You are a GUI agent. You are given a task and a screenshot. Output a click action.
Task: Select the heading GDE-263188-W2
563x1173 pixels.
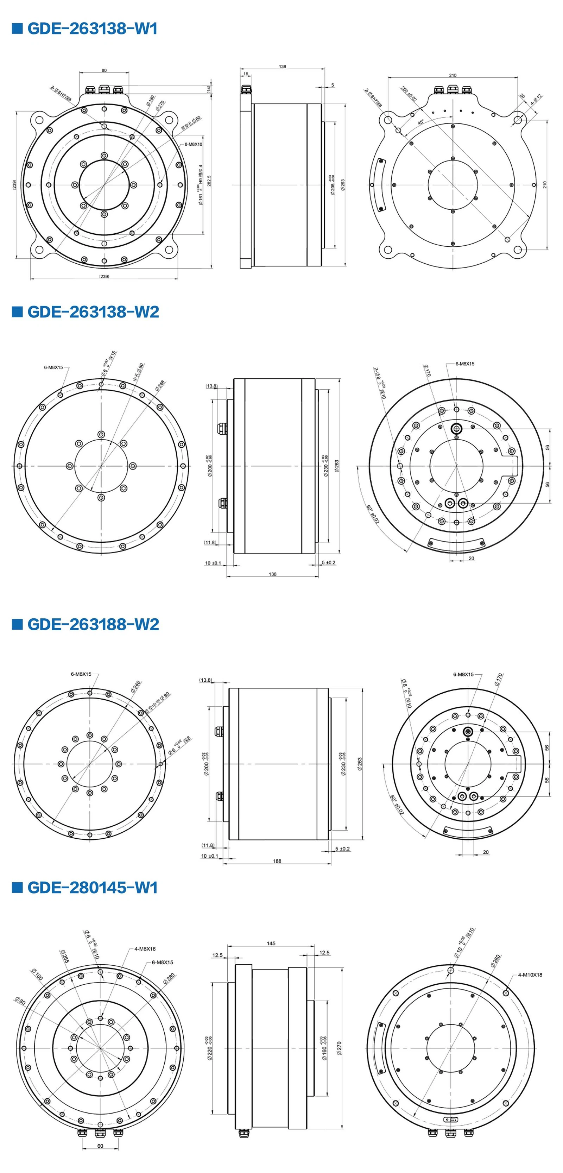coord(93,624)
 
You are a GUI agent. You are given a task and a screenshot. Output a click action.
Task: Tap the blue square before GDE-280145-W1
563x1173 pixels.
coord(17,888)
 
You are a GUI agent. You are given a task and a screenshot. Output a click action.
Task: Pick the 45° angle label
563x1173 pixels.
coord(421,122)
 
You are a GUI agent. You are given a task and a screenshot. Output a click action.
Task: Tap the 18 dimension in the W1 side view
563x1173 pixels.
coord(246,74)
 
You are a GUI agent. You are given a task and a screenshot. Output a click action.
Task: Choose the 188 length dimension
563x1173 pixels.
coord(277,861)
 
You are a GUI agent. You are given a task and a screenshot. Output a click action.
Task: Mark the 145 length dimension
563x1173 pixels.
coord(271,944)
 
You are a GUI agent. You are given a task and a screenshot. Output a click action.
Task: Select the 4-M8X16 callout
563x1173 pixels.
coord(145,949)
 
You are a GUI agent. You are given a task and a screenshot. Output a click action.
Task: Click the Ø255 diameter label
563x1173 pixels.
coord(64,956)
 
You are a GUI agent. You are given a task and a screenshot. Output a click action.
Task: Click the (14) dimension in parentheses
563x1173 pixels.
coord(209,89)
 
